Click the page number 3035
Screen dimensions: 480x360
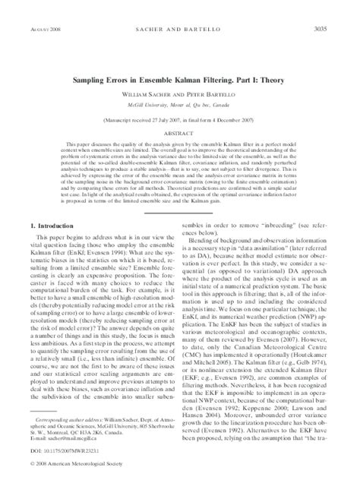tap(332, 8)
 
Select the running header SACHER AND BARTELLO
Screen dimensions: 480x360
tap(179, 8)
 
